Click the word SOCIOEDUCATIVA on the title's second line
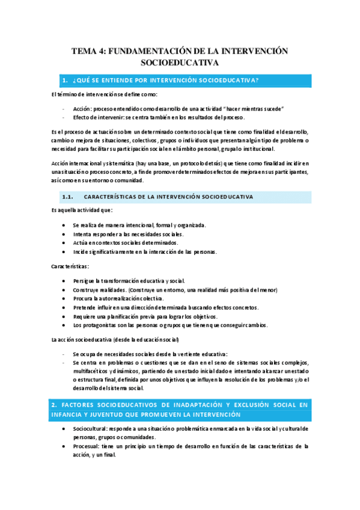tap(180, 63)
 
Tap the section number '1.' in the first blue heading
tap(65, 81)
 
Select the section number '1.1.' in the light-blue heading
tap(67, 197)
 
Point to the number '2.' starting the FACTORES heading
tap(54, 405)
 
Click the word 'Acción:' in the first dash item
tap(82, 108)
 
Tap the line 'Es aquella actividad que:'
tap(82, 210)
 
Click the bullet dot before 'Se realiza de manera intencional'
tap(64, 225)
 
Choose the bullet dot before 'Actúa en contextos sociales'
tap(64, 242)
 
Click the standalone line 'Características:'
tap(70, 266)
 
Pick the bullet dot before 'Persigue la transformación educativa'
tap(64, 281)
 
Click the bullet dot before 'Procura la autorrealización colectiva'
tap(64, 298)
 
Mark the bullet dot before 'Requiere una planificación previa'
tap(64, 316)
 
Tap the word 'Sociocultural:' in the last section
tap(91, 428)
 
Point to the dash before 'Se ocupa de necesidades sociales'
tap(64, 354)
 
